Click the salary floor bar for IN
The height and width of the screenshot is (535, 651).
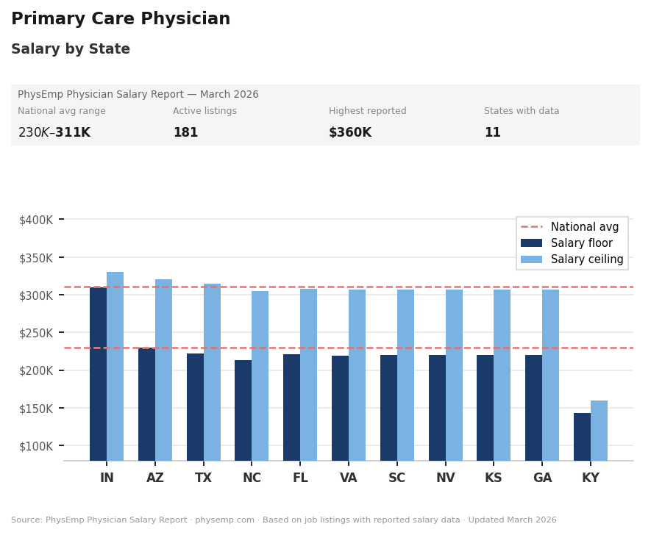tap(98, 374)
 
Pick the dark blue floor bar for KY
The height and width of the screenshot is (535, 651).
tap(582, 437)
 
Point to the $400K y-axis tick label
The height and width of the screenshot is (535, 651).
tap(36, 220)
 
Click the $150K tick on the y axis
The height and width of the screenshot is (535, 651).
tap(36, 409)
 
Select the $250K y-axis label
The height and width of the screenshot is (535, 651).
tap(36, 333)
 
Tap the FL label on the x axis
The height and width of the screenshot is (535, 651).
tap(300, 478)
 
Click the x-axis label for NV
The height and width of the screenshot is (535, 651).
tap(445, 478)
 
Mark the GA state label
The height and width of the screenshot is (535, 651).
tap(542, 478)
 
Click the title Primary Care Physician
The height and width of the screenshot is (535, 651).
tap(121, 19)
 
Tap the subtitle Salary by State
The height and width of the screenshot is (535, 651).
tap(71, 49)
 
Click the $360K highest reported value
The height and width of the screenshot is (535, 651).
tap(349, 133)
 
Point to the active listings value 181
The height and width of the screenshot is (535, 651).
tap(185, 133)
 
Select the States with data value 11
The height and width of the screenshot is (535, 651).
tap(492, 133)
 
